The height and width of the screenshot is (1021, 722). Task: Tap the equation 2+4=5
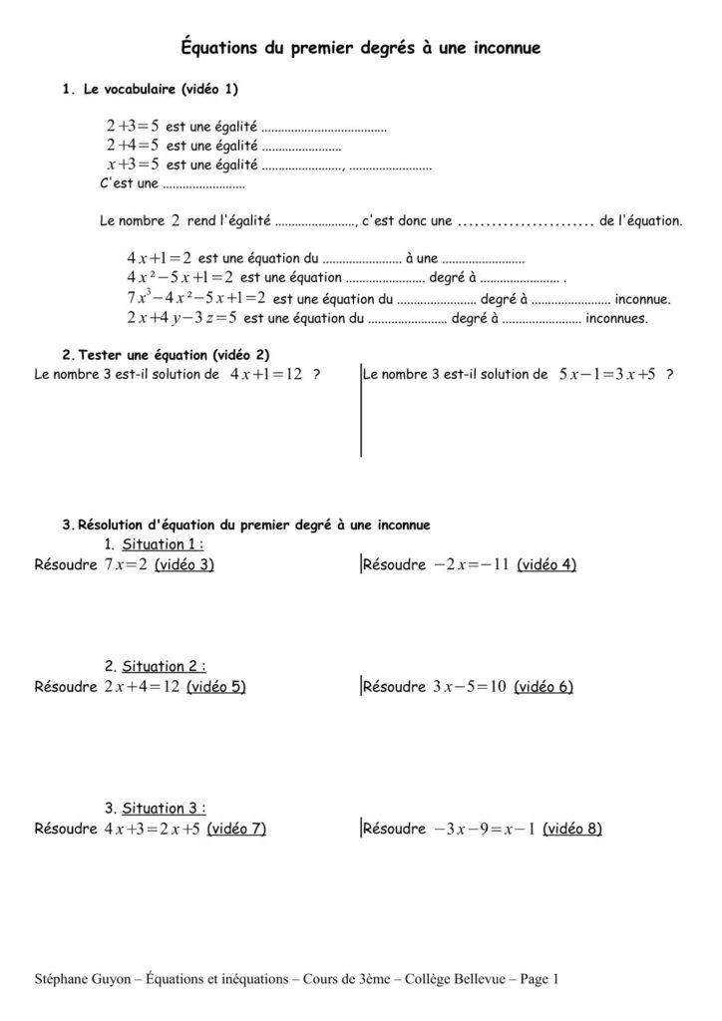point(133,146)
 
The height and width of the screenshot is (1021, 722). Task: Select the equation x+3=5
point(133,164)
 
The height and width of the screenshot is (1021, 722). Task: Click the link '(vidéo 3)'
point(184,564)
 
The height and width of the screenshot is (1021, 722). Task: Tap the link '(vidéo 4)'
point(547,564)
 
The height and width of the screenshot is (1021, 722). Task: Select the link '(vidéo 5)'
point(216,686)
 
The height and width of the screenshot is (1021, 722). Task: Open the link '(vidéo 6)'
point(543,686)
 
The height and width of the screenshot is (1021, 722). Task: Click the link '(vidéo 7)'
point(236,828)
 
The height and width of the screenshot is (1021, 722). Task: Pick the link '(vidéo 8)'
point(572,828)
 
